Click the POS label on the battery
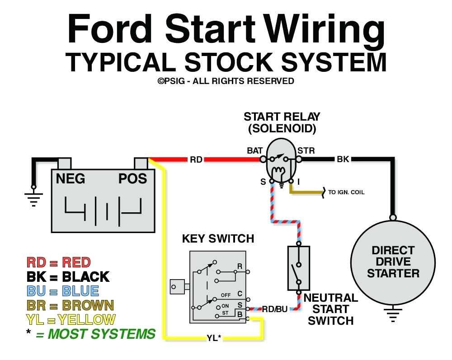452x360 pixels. click(132, 179)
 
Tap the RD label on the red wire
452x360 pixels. click(196, 159)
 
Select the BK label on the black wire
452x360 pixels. click(343, 159)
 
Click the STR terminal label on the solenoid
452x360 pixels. click(306, 150)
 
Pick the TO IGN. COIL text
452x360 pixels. click(346, 192)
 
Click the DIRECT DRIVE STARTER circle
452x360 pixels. click(393, 262)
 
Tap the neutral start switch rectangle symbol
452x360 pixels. click(298, 268)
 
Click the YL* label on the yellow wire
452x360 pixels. click(213, 337)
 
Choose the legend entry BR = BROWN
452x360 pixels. click(70, 305)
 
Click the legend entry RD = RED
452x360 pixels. click(58, 262)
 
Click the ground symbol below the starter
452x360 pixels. click(393, 315)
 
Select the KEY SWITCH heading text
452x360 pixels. click(218, 238)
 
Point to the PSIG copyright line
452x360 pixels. click(226, 81)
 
